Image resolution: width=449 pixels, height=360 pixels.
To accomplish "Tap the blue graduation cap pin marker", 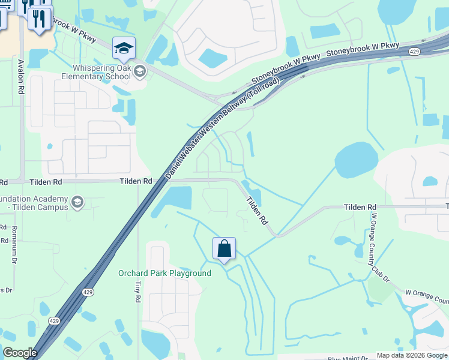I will point(124,48).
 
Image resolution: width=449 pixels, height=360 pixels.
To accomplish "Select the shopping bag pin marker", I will point(224,248).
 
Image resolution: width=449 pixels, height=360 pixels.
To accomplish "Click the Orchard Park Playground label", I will point(164,274).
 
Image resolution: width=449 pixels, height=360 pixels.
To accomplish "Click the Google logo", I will point(20,353).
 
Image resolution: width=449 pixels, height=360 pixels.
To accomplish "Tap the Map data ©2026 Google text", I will point(412,355).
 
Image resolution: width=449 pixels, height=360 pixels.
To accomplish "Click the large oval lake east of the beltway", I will point(356,160).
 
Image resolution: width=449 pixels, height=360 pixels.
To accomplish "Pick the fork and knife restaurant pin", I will point(40,19).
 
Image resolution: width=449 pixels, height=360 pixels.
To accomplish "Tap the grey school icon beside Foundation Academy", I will point(77,202).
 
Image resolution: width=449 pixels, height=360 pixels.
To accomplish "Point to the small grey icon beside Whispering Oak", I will point(139,72).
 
